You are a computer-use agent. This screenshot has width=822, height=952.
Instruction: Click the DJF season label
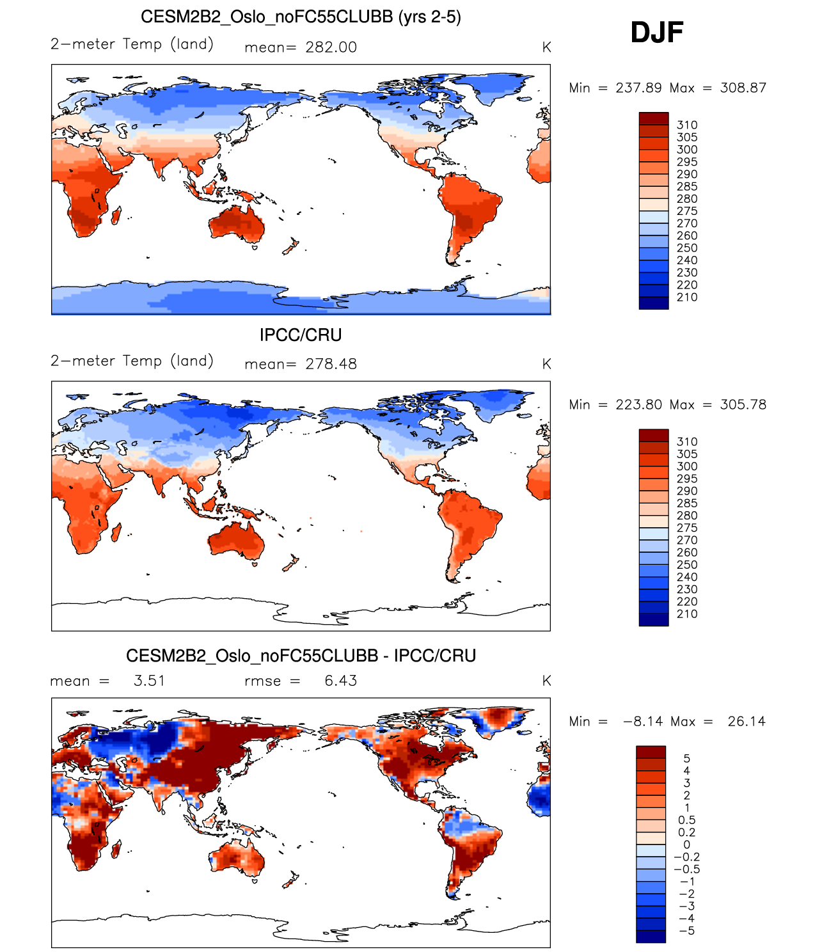[657, 33]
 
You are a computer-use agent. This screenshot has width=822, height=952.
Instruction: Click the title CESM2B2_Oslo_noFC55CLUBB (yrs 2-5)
[301, 17]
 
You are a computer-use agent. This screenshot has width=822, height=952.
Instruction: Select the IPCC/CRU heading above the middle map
[301, 335]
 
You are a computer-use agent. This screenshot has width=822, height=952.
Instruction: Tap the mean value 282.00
[331, 47]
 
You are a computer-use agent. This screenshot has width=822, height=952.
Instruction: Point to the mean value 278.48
[331, 364]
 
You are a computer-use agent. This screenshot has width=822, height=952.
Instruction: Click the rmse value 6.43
[340, 681]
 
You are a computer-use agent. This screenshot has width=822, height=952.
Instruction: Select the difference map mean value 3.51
[149, 681]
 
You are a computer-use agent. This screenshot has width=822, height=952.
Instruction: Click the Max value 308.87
[743, 88]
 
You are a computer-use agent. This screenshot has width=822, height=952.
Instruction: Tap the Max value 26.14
[747, 721]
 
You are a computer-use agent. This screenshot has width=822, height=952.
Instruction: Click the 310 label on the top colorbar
[687, 125]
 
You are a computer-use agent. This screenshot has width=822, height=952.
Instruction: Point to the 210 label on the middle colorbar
[687, 614]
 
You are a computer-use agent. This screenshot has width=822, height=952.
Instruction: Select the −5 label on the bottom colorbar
[686, 930]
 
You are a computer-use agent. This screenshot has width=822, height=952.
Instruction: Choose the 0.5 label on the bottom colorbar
[686, 820]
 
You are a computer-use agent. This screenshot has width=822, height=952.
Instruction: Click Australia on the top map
[236, 225]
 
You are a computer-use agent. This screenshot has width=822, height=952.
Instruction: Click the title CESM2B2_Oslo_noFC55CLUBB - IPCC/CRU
[301, 656]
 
